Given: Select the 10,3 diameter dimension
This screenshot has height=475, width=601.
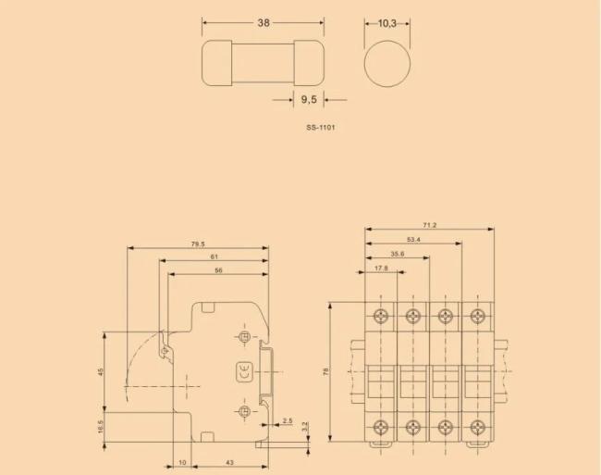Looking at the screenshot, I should click(386, 23).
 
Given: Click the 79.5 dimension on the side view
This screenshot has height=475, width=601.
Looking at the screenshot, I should click(197, 244).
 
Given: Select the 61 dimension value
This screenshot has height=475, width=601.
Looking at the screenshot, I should click(214, 256).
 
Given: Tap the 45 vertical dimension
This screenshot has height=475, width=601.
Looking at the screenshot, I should click(101, 370).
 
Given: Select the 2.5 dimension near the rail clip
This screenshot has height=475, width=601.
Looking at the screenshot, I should click(288, 421).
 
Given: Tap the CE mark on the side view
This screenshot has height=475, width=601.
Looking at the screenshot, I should click(243, 369).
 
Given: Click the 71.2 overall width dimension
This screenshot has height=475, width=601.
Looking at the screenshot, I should click(429, 225).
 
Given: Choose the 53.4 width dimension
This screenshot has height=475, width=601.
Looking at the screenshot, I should click(413, 240).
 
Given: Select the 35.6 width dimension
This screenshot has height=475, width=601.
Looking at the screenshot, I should click(396, 254).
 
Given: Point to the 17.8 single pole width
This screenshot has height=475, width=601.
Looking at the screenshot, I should click(380, 269).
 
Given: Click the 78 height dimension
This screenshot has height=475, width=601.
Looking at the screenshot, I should click(325, 371).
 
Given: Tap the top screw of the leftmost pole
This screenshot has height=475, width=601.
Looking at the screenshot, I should click(382, 314).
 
